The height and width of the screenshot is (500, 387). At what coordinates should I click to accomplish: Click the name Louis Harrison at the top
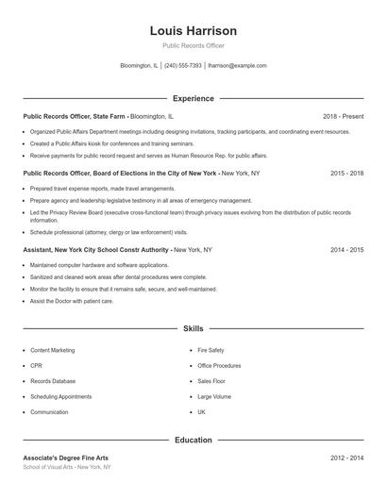[193, 30]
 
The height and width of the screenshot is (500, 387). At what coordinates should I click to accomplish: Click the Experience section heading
[193, 98]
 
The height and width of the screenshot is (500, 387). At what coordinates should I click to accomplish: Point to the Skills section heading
[193, 328]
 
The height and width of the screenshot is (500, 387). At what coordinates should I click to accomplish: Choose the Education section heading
[193, 440]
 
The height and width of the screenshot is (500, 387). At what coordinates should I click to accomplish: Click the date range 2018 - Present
[343, 116]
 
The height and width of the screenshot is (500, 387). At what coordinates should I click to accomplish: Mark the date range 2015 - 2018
[346, 174]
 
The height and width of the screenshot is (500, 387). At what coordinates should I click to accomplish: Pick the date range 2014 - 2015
[346, 250]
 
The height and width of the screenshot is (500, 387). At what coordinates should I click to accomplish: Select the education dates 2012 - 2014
[346, 458]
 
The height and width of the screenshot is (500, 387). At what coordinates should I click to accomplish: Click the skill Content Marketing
[52, 350]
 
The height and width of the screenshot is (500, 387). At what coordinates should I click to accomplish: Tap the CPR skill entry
[36, 366]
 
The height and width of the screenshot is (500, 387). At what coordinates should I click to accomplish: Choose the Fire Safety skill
[210, 350]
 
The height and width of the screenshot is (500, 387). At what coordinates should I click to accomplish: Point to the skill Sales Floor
[211, 381]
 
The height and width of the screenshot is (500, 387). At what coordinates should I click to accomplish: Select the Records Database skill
[53, 381]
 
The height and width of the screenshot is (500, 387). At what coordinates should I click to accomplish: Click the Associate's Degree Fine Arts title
[66, 458]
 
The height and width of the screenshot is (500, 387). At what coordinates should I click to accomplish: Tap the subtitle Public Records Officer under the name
[193, 45]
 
